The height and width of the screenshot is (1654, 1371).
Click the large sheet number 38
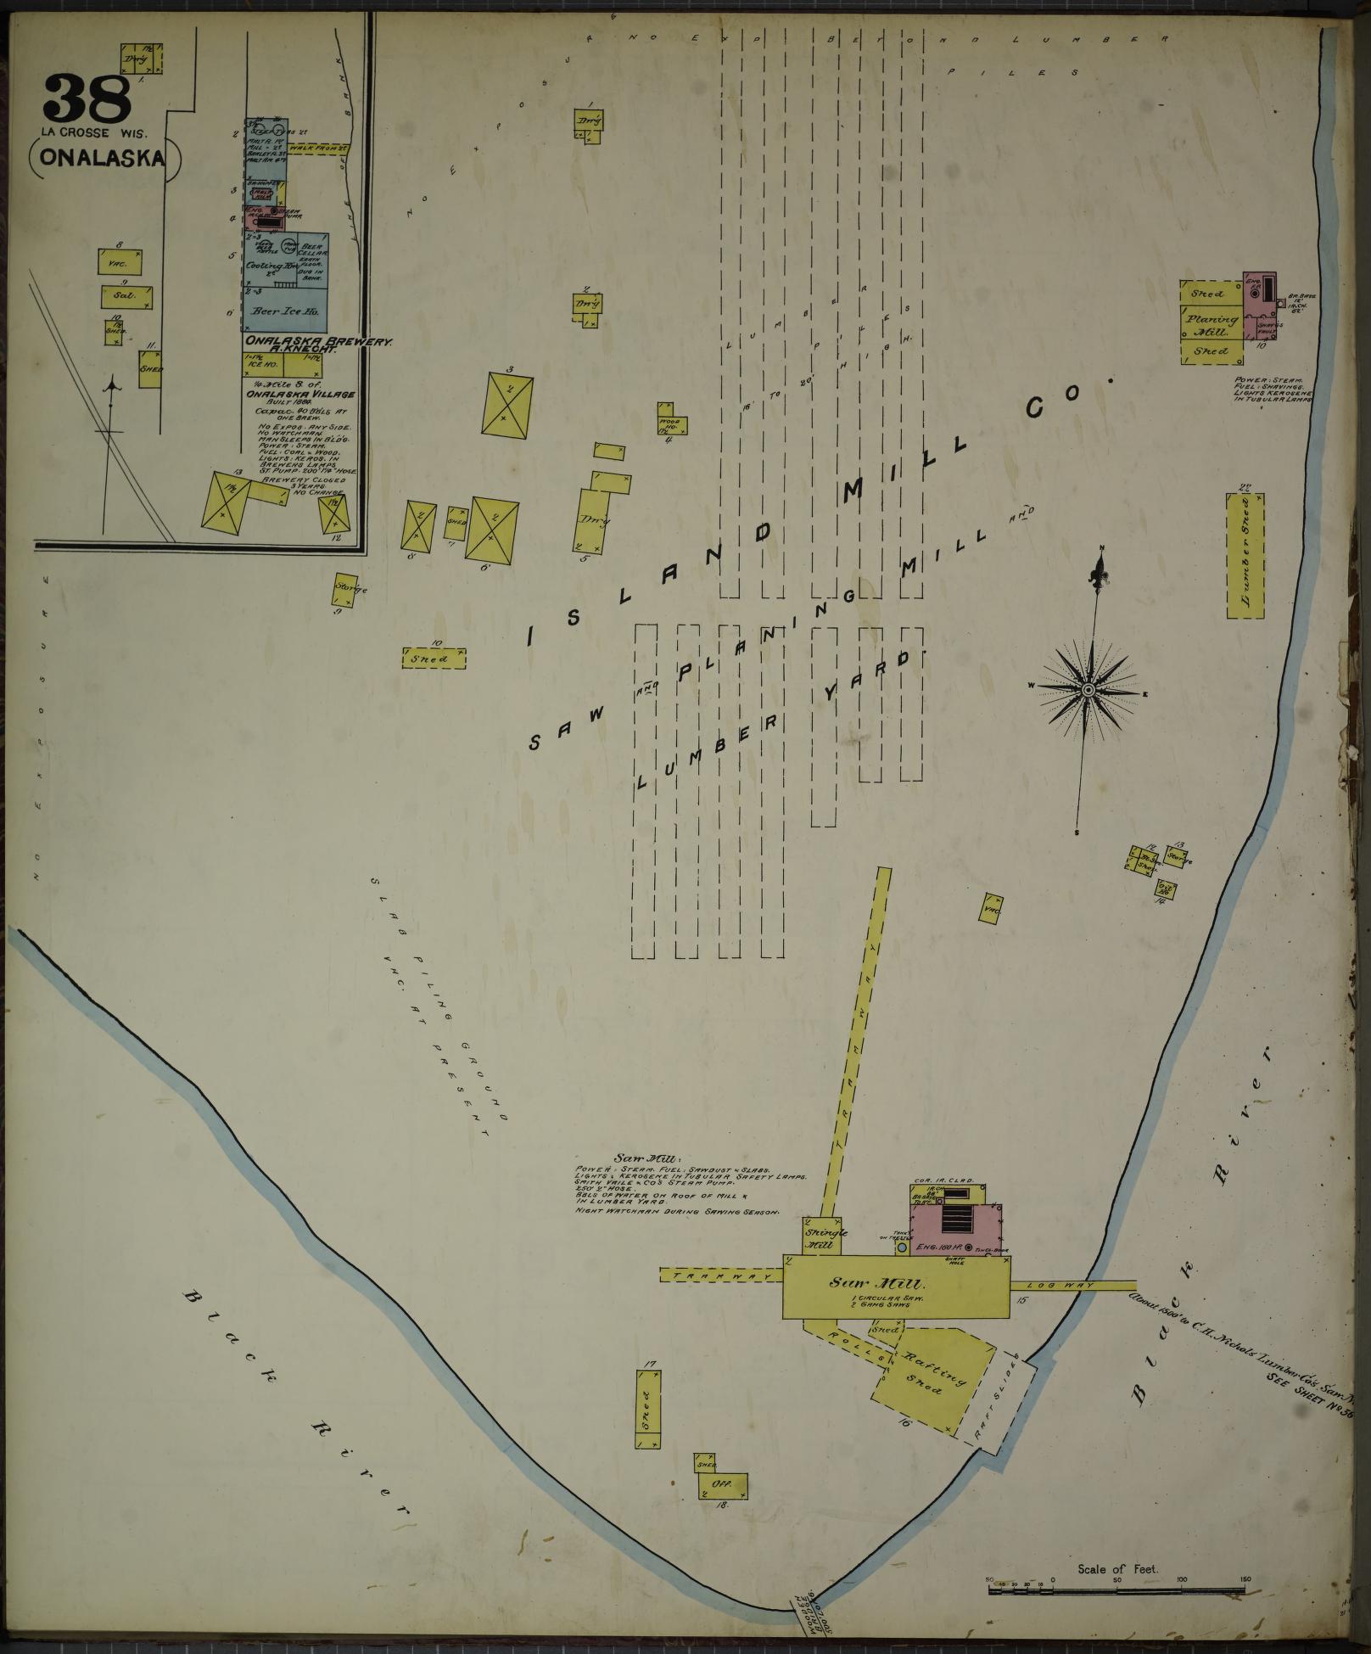pos(87,98)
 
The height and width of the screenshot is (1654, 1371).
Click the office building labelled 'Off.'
pos(723,1485)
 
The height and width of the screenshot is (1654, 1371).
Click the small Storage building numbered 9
pos(346,588)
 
